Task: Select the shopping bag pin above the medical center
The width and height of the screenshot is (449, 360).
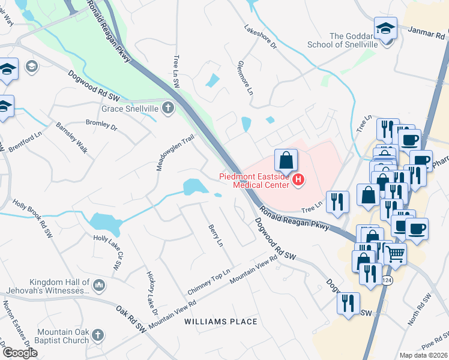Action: [286, 160]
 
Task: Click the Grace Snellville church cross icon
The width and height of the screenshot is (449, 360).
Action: [169, 109]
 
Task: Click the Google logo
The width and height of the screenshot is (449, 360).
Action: [20, 353]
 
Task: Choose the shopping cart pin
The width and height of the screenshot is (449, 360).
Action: [395, 254]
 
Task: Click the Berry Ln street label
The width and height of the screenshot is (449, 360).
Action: [215, 236]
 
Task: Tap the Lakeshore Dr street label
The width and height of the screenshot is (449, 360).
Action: [260, 37]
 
